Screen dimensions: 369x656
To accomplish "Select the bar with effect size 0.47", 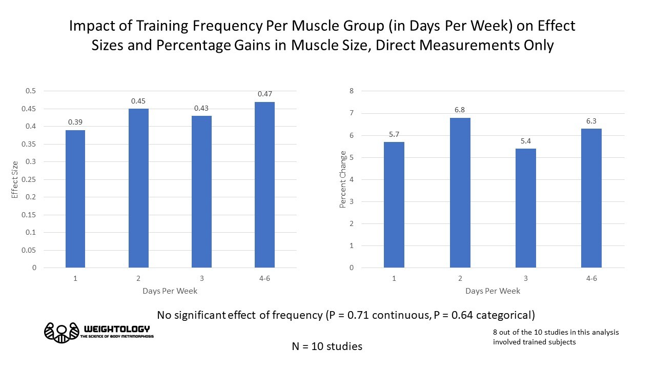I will (x=264, y=184).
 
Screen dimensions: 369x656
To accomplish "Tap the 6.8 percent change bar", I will (x=460, y=192).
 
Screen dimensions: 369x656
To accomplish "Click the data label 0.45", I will (x=138, y=101).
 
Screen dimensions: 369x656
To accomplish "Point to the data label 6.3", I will (x=591, y=121).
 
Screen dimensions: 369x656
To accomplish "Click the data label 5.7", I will (x=394, y=134).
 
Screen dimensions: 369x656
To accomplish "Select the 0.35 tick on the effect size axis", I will (x=30, y=144).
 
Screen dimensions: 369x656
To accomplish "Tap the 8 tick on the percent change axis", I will (x=352, y=91).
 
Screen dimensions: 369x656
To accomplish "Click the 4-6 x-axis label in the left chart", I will (x=264, y=278).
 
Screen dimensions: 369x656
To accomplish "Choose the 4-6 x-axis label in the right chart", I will (x=591, y=278).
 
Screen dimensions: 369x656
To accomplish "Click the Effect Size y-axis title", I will (x=15, y=179).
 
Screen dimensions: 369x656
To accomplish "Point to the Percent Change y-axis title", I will (x=343, y=179).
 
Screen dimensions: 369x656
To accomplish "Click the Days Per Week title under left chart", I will (x=170, y=291).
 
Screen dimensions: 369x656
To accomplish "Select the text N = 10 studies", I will (x=327, y=346).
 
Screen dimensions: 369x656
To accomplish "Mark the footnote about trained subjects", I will (x=556, y=337).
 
